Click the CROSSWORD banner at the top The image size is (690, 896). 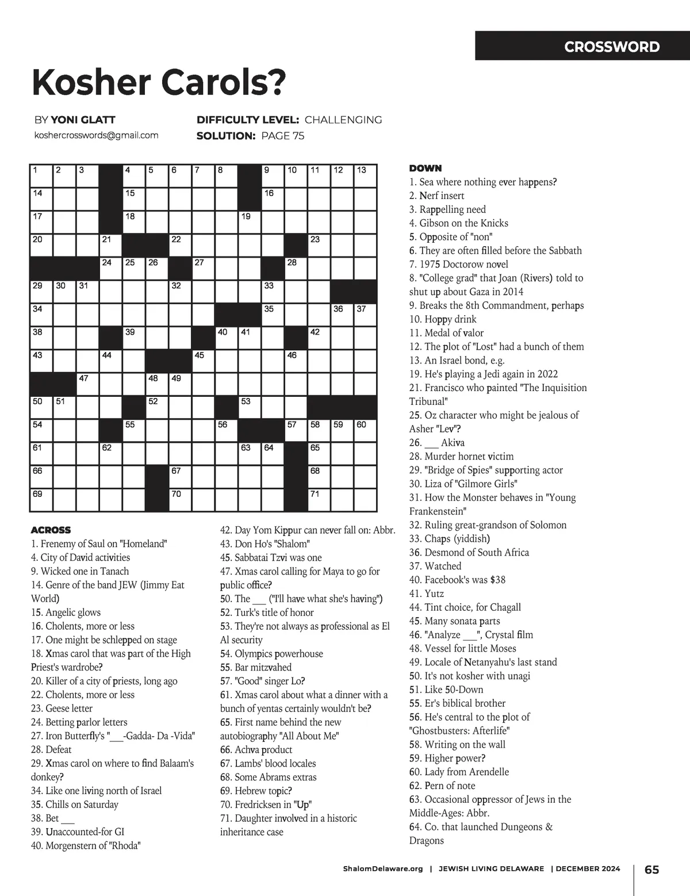612,47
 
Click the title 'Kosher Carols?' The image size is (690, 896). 159,83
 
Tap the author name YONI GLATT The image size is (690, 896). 83,120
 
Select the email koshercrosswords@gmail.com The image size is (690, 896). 96,135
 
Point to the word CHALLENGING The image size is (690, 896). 343,120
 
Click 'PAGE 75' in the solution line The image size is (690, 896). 282,136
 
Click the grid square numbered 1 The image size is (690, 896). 41,175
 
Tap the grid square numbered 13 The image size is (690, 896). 365,175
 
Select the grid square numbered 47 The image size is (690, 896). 88,384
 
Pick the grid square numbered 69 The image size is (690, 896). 41,500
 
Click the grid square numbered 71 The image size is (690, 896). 319,500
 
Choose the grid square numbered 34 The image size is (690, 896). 41,315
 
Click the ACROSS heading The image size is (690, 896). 51,530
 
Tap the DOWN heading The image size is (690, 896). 425,168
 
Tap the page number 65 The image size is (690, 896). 651,869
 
